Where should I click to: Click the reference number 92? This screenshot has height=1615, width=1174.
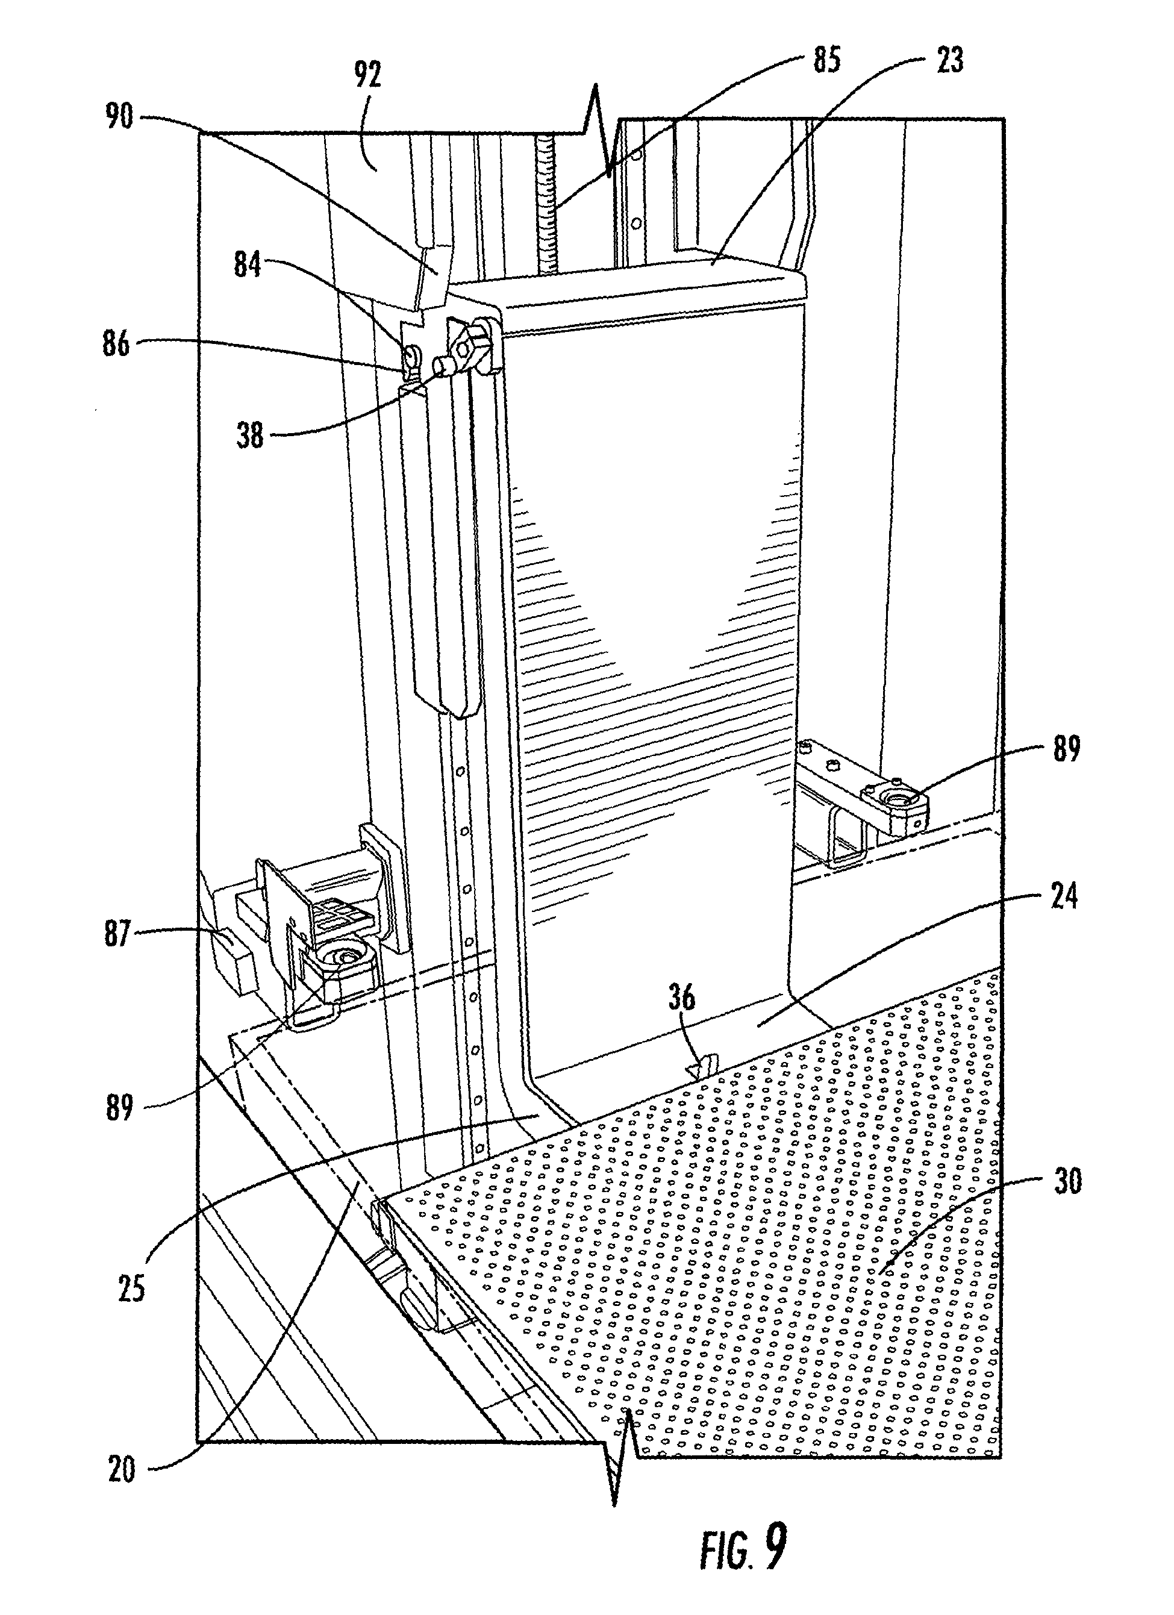click(367, 75)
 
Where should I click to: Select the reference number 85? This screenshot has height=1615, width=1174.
click(826, 60)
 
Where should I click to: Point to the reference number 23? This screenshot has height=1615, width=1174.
click(949, 60)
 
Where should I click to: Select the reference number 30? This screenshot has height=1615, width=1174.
click(1066, 1181)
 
